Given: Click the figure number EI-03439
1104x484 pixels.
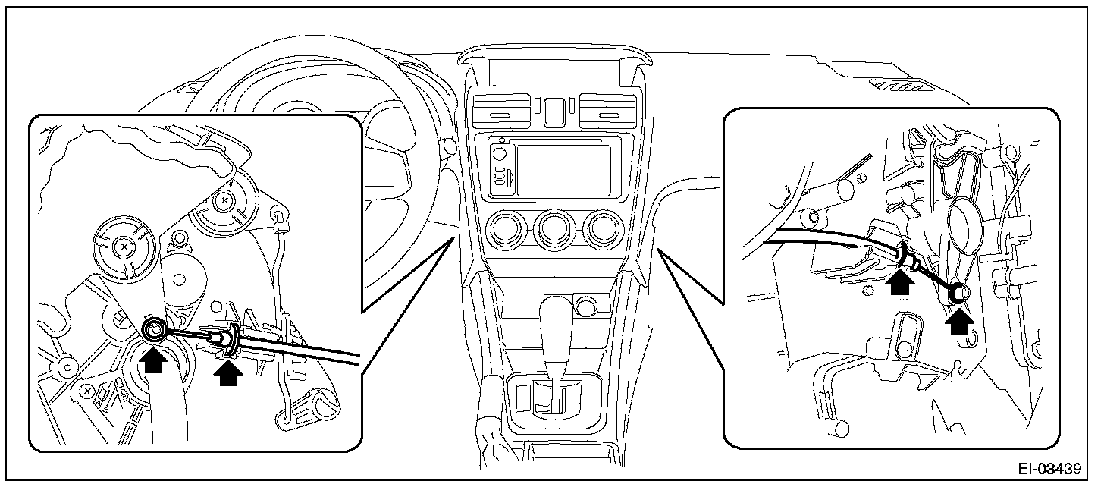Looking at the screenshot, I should (x=1050, y=468).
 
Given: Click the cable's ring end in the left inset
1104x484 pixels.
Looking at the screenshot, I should (x=155, y=329).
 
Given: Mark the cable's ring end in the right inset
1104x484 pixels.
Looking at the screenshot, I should (x=958, y=292).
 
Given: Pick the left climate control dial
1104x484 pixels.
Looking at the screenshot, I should (x=507, y=230).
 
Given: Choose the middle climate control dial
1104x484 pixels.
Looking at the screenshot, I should (x=552, y=230).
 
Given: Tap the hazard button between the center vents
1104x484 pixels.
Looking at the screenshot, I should (x=553, y=111).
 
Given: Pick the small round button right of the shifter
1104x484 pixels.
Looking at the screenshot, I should (x=585, y=306).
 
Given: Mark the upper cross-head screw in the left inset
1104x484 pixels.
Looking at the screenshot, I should (x=224, y=201).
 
